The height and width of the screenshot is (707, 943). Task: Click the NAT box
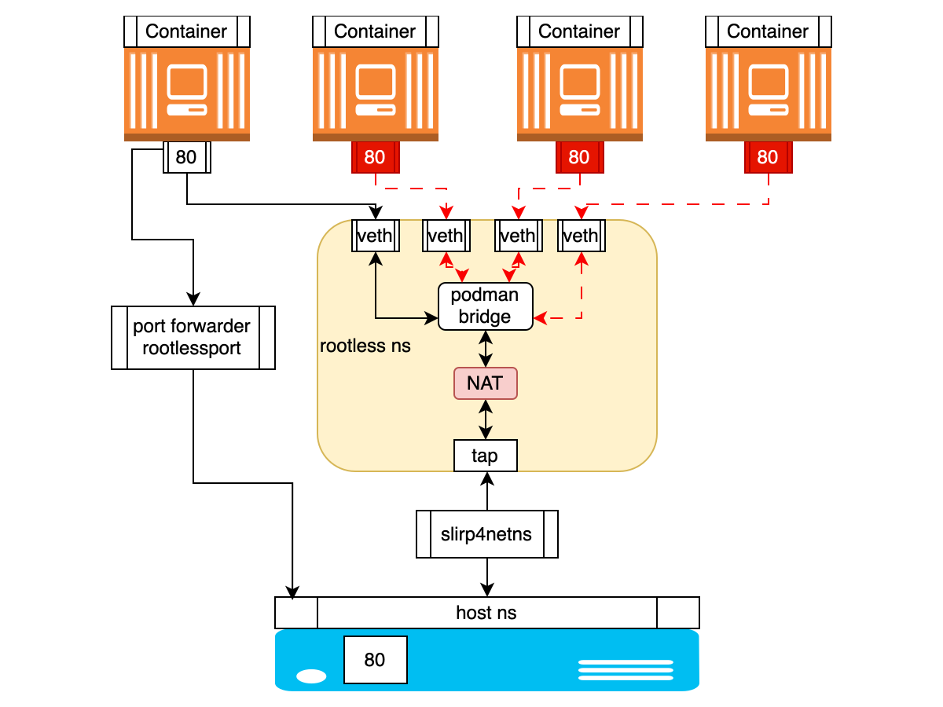[486, 383]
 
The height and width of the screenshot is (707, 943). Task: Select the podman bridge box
[486, 306]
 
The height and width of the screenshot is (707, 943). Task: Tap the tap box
[486, 456]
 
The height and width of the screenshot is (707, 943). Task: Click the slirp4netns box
[486, 534]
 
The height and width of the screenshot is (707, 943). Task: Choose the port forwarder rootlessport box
[193, 338]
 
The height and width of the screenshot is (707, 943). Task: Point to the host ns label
[486, 613]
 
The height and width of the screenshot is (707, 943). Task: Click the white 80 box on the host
[375, 660]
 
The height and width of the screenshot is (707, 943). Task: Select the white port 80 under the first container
[187, 157]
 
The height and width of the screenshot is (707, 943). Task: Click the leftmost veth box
[376, 236]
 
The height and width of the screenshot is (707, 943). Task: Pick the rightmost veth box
[581, 236]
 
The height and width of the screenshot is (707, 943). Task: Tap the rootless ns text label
[365, 346]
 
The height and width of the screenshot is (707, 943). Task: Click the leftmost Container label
[186, 31]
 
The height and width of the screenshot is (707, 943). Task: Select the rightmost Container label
[768, 31]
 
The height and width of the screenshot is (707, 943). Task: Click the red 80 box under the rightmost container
[768, 157]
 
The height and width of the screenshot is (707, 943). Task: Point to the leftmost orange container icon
[187, 93]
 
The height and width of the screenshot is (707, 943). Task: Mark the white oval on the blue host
[312, 676]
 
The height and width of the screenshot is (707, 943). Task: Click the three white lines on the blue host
[626, 670]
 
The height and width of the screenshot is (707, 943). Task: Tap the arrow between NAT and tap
[486, 419]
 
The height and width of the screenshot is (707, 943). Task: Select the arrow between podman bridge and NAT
[486, 349]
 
